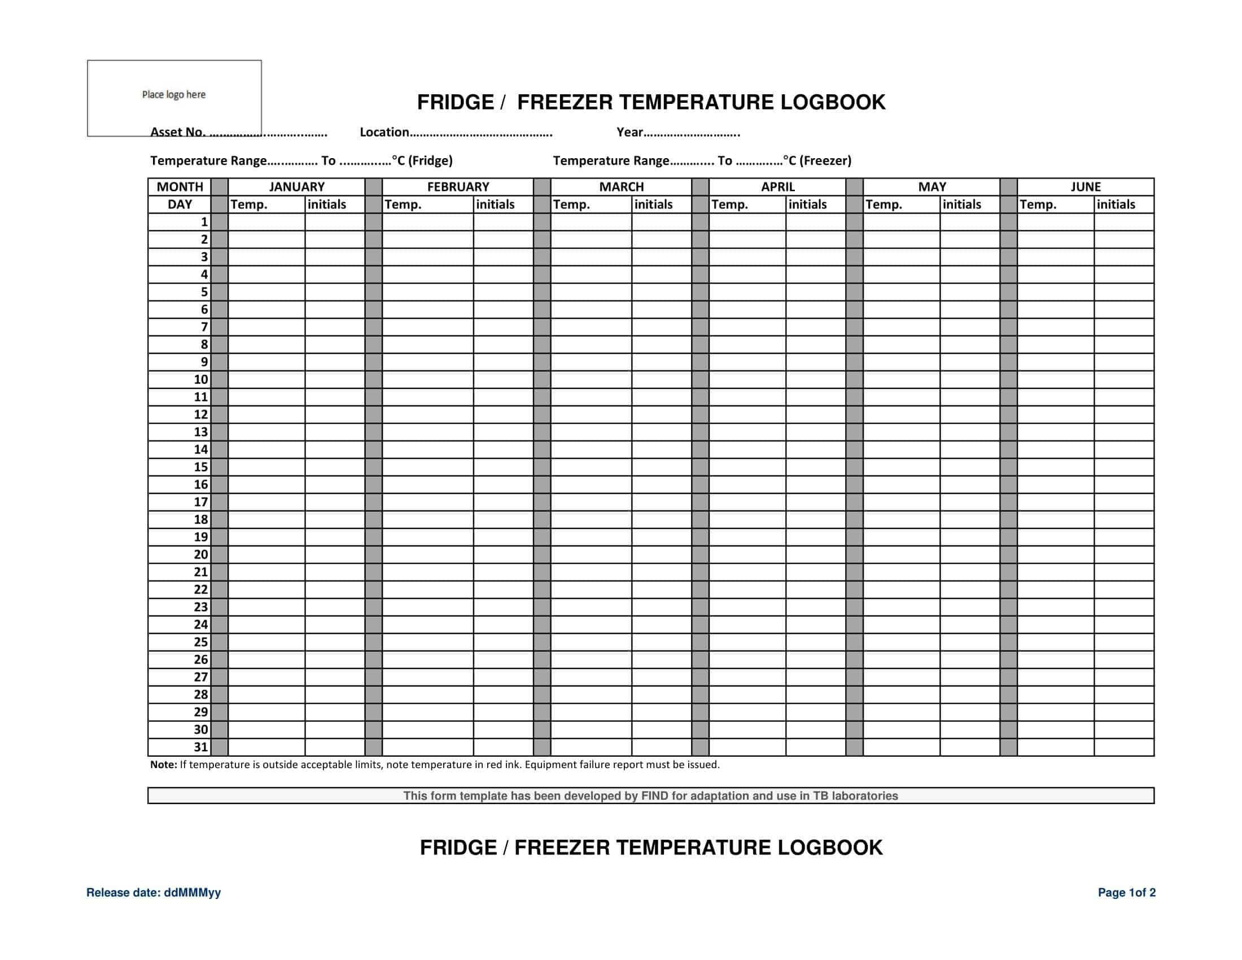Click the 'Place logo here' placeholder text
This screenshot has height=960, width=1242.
pos(173,94)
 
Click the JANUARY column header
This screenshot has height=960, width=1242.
pos(296,186)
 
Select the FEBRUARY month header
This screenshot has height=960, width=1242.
pos(458,186)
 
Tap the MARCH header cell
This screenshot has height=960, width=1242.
pos(621,186)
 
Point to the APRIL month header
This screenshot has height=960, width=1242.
pos(777,186)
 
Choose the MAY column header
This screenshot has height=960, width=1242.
pos(931,186)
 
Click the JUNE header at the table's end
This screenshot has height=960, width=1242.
pos(1085,186)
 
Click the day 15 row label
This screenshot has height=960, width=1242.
pos(201,467)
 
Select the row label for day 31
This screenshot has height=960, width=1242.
pos(201,747)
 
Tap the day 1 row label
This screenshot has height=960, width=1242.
pos(204,222)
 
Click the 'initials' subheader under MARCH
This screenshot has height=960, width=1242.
pos(653,204)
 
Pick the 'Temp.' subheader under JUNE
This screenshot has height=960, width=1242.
pos(1038,204)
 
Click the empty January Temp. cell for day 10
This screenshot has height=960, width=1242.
pos(266,379)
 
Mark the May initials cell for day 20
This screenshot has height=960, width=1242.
pos(969,555)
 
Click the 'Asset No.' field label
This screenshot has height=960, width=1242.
pos(177,132)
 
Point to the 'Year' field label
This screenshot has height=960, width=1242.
pos(629,132)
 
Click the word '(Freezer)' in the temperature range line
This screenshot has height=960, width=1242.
pos(825,160)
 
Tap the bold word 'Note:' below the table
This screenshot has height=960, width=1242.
pos(164,765)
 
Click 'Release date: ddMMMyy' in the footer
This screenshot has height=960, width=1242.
pos(154,892)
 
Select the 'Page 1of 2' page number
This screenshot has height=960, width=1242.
pos(1126,892)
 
